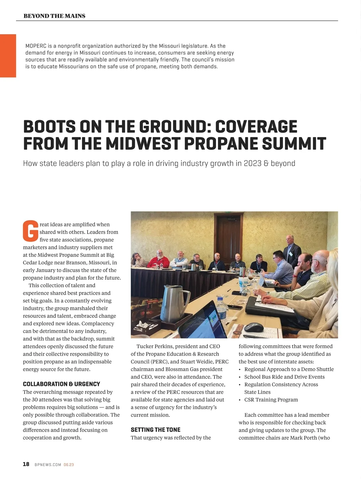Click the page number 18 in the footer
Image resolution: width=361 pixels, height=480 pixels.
[26, 464]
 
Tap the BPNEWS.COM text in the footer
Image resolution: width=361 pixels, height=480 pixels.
[48, 465]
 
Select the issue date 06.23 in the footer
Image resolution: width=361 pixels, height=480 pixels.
[69, 465]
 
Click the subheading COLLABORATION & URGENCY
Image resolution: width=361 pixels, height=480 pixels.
[61, 384]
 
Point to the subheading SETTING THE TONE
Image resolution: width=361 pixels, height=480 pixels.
[156, 430]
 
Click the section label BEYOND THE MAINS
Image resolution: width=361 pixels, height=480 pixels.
[54, 16]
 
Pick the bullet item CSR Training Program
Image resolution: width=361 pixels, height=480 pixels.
[271, 399]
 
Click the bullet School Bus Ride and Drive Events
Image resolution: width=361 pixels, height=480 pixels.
[284, 377]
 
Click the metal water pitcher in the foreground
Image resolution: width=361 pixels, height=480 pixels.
[177, 297]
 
